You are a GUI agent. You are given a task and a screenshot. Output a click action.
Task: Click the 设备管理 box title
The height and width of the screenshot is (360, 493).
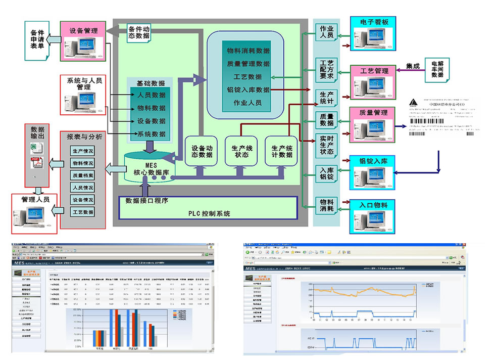tap(83, 30)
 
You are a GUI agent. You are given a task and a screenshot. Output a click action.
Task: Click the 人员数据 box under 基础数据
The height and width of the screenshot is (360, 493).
tap(151, 95)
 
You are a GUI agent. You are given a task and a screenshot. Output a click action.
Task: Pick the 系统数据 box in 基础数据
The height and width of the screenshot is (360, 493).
tap(151, 134)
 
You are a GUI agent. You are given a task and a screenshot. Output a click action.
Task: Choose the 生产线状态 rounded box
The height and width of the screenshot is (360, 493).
tap(240, 151)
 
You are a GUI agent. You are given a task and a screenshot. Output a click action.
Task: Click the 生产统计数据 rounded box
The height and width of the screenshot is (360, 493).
tap(282, 151)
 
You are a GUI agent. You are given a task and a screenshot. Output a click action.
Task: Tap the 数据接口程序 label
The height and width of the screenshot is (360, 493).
tap(147, 201)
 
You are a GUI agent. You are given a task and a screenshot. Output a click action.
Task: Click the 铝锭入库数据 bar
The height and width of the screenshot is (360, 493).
tap(248, 89)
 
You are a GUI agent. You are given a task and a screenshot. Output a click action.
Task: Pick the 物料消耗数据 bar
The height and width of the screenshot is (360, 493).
tap(248, 51)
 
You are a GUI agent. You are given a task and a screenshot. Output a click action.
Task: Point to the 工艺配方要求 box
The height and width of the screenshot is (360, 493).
tap(327, 69)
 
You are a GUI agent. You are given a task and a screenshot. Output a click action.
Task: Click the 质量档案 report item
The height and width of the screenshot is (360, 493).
tap(82, 175)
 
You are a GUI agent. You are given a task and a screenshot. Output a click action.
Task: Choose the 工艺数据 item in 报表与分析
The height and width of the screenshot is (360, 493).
tap(82, 212)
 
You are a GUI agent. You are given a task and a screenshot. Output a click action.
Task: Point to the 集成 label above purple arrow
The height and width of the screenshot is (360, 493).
tap(412, 66)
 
